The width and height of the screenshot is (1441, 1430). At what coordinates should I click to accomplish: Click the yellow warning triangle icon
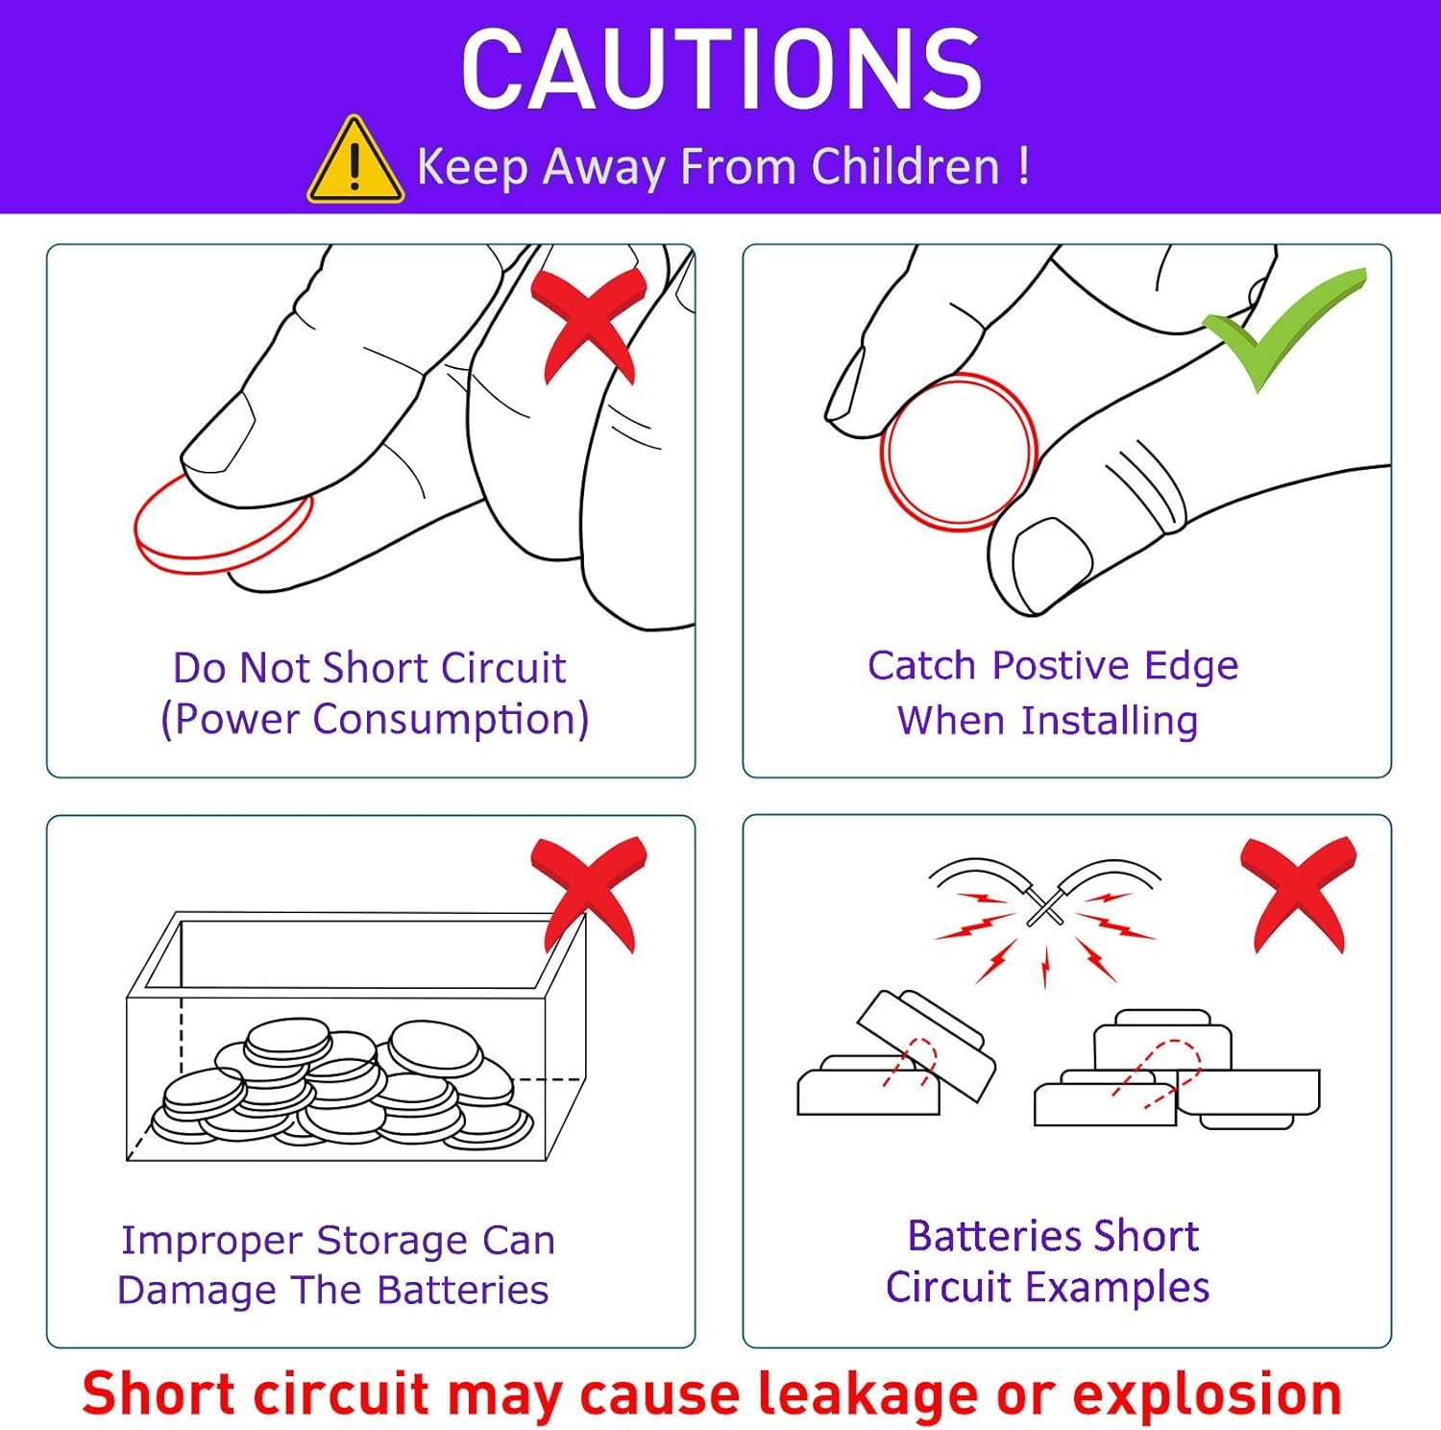(354, 161)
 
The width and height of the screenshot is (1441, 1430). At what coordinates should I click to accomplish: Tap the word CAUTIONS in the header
(721, 69)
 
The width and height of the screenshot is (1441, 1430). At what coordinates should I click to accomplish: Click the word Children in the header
(906, 166)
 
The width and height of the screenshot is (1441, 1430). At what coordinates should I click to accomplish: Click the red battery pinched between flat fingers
(223, 527)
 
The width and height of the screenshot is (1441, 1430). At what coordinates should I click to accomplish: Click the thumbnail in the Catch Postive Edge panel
(1053, 563)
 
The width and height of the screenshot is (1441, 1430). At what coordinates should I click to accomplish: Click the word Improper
(212, 1242)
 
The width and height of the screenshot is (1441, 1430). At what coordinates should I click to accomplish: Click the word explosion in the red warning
(1207, 1393)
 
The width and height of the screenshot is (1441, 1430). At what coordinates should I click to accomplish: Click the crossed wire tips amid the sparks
(1044, 904)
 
